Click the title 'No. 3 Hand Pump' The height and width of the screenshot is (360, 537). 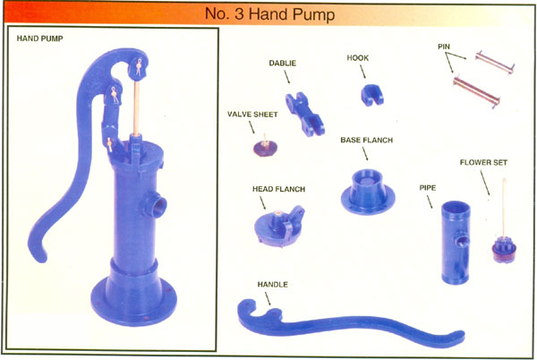click(270, 14)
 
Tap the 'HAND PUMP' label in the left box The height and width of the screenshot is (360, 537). click(39, 39)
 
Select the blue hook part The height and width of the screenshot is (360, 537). click(372, 95)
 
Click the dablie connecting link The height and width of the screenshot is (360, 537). click(305, 115)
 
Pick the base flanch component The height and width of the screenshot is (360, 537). click(368, 193)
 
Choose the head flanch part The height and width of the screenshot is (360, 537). click(279, 227)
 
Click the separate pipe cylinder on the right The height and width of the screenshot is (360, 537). click(456, 242)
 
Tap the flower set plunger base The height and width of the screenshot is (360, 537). click(504, 252)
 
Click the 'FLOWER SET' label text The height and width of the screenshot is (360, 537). click(483, 163)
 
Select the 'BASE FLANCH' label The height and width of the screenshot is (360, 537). click(366, 140)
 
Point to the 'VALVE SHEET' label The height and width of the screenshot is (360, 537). click(252, 115)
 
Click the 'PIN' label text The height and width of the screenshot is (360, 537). click(444, 47)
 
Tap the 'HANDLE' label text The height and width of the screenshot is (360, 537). click(273, 285)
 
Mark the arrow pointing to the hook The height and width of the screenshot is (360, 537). click(362, 72)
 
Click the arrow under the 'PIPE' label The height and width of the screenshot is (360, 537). click(429, 201)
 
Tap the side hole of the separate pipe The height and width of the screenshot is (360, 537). click(461, 240)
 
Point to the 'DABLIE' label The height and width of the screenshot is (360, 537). click(282, 64)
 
